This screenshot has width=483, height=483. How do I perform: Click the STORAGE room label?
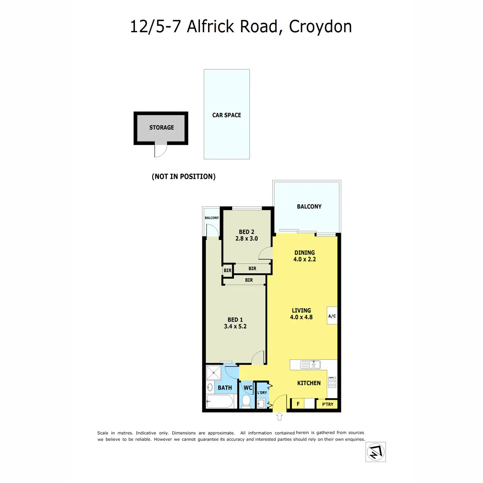161,128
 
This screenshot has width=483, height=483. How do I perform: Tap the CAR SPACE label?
226,115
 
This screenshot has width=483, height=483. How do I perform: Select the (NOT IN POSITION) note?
184,176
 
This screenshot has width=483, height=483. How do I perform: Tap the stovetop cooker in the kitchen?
332,382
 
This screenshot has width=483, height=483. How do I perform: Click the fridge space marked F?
298,404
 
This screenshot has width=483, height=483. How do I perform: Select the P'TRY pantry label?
328,404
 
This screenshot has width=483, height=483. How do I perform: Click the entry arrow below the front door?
279,417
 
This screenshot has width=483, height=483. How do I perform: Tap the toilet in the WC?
246,401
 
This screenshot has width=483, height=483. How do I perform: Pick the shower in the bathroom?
213,373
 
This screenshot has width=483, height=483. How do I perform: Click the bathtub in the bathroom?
220,401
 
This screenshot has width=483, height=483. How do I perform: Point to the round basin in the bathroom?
210,388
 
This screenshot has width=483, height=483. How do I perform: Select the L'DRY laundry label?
262,392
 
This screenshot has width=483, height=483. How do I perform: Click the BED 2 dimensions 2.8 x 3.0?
246,238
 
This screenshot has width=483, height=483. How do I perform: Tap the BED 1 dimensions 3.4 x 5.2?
235,326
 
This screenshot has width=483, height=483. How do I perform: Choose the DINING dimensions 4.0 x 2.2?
305,259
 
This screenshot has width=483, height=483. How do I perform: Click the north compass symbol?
376,452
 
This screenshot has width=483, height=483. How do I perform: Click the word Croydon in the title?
320,27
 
